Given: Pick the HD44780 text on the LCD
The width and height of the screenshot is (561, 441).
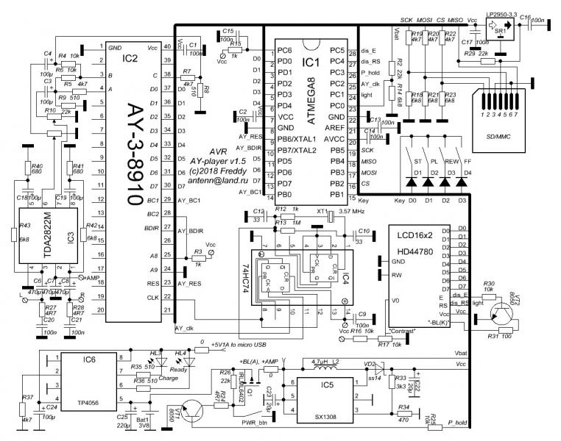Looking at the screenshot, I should pos(413,248).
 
